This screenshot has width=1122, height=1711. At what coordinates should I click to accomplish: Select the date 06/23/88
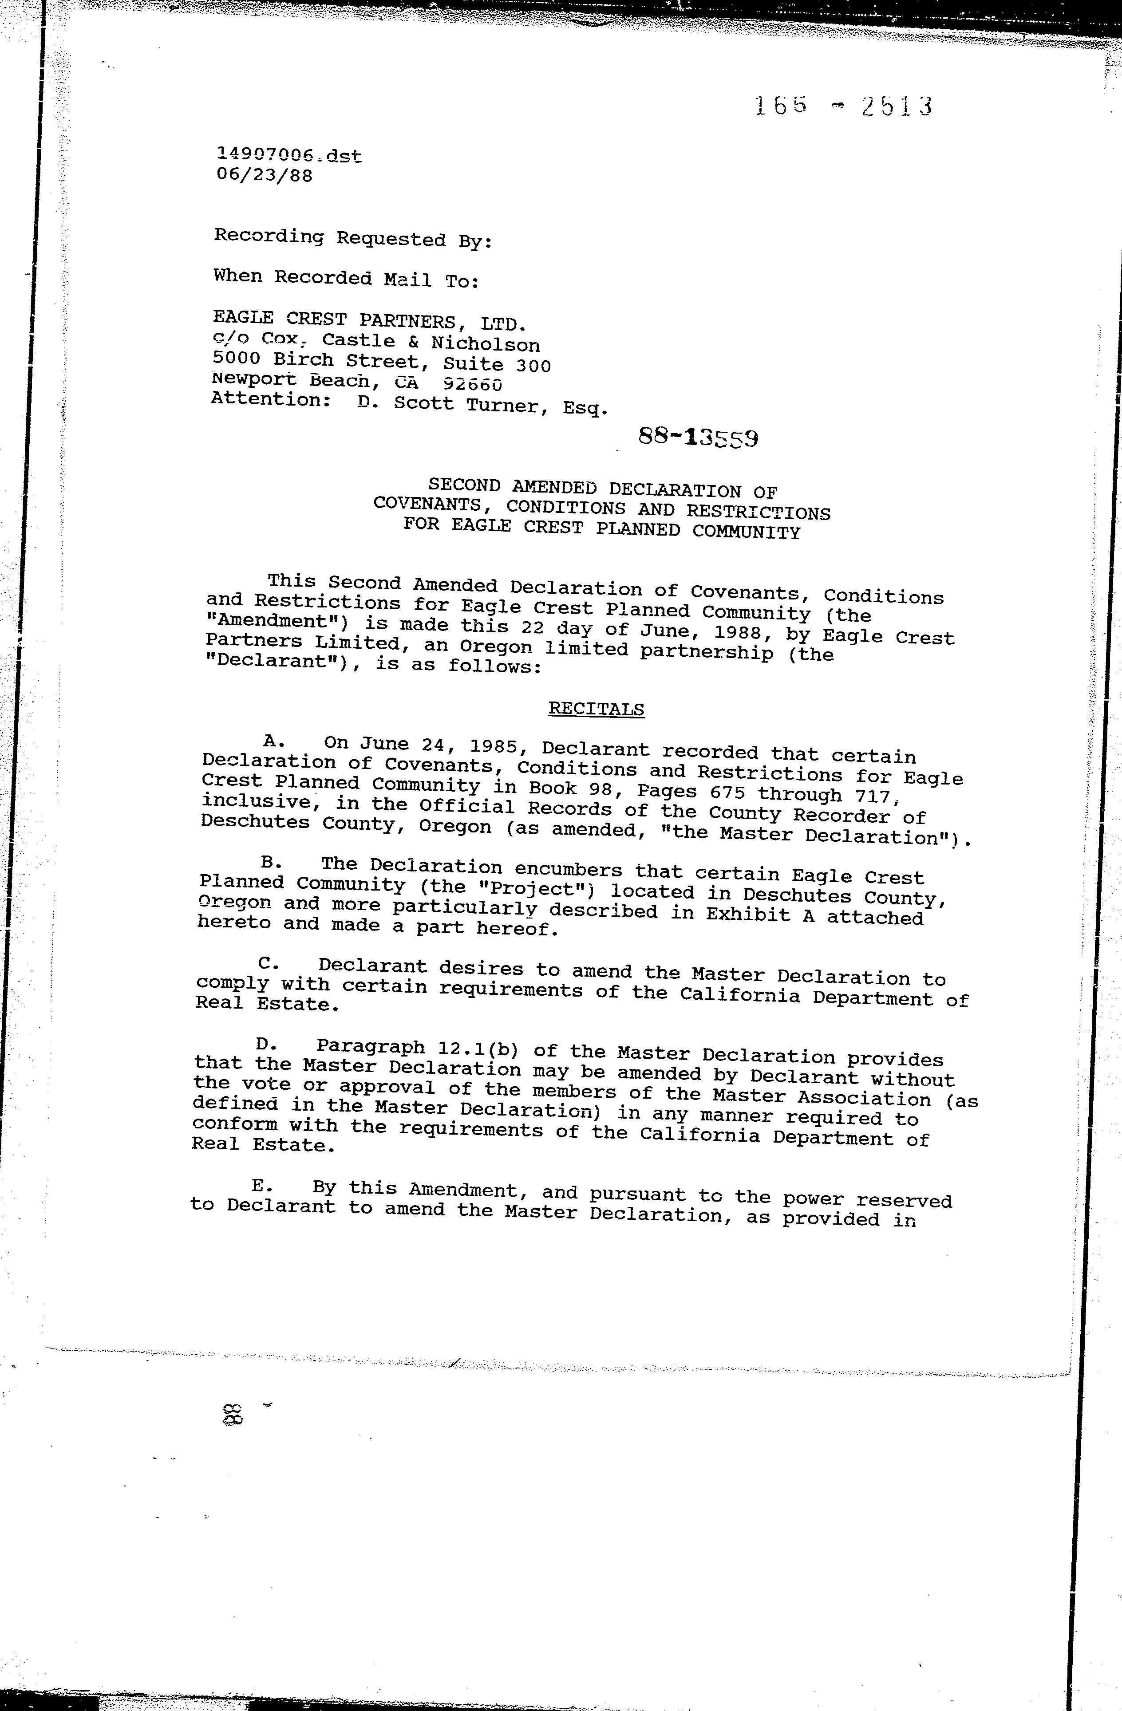click(x=265, y=175)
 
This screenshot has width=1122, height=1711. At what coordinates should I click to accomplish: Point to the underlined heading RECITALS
click(x=596, y=709)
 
